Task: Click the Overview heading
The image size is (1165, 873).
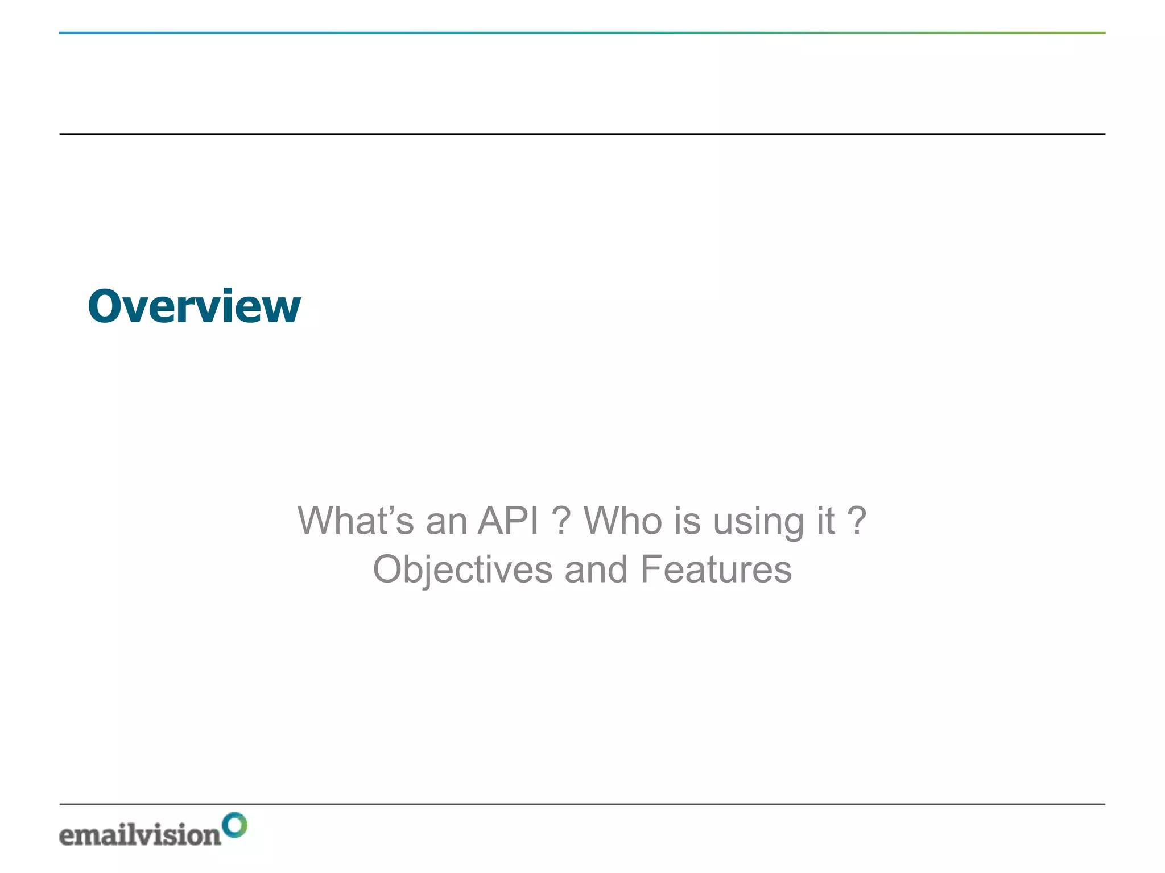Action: pos(194,307)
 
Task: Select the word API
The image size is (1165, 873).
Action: pos(508,521)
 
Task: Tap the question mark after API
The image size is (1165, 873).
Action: pos(561,521)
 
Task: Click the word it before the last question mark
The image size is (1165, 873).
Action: pos(826,521)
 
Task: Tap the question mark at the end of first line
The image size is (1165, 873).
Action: pos(857,521)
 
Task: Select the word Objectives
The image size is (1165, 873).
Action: pos(462,570)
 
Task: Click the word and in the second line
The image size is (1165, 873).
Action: pos(596,570)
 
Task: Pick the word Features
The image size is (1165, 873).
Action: pos(716,570)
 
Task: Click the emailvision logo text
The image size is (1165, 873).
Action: pos(140,835)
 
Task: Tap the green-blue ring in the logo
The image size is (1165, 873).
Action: pos(234,825)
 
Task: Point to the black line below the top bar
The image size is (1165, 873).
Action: pos(582,134)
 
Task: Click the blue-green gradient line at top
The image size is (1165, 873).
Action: pos(582,32)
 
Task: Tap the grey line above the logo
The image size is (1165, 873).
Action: pos(582,804)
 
